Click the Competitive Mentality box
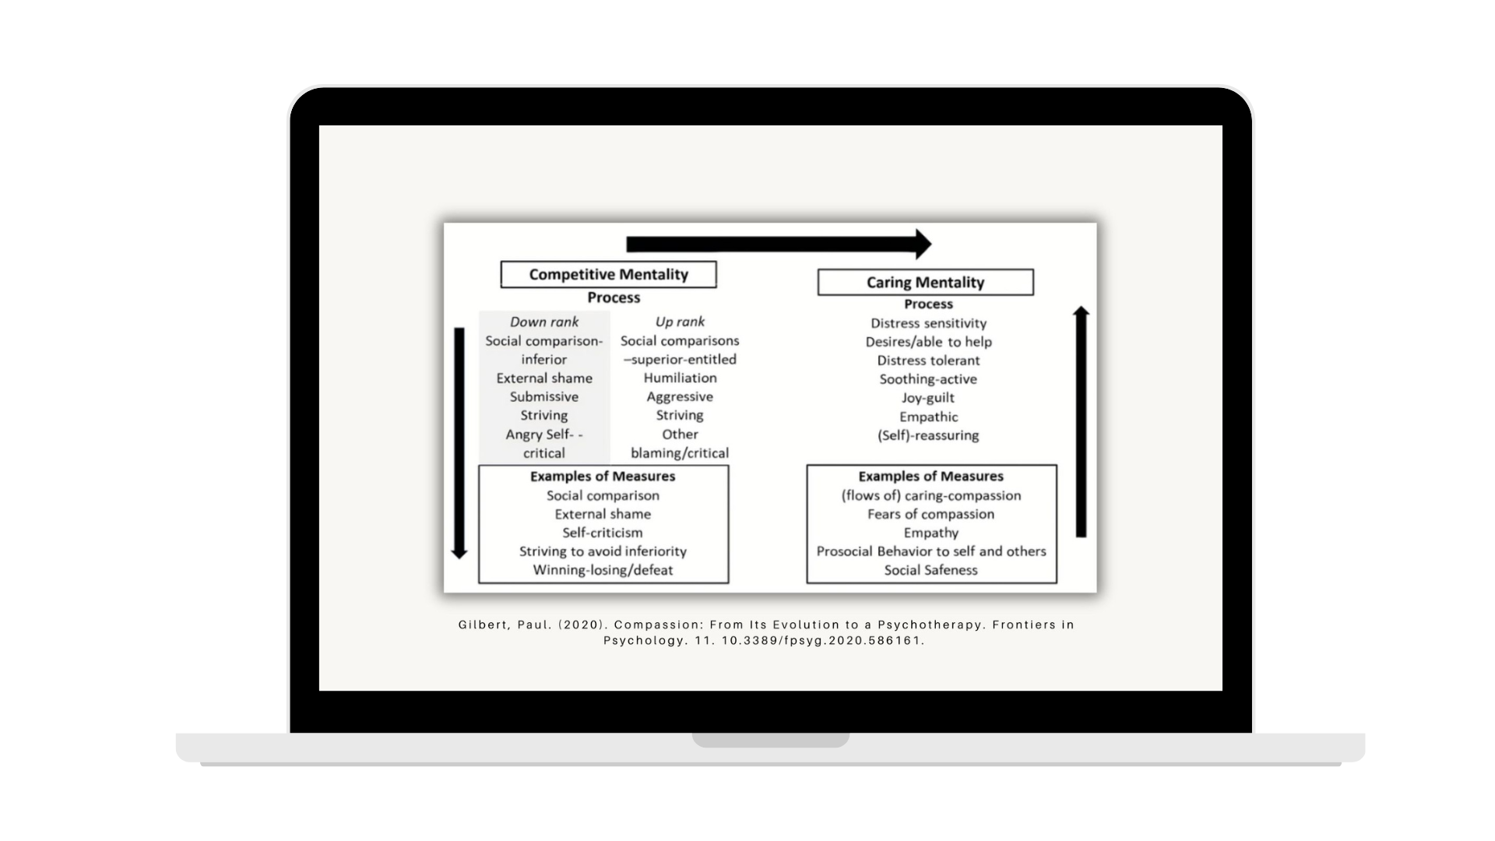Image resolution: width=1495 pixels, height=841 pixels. tap(608, 275)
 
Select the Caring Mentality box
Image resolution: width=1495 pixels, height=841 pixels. tap(925, 283)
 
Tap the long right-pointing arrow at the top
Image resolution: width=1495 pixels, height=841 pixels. tap(778, 245)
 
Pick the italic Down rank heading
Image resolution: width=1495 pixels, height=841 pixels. tap(543, 322)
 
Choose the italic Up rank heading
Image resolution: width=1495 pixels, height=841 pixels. tap(680, 322)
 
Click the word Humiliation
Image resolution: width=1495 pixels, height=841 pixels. tap(680, 378)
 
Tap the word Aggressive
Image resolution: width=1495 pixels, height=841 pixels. tap(680, 396)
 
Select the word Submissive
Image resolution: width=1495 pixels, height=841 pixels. tap(543, 396)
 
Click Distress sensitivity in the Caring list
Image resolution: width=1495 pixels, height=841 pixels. tap(928, 323)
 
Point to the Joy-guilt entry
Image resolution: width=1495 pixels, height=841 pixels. tap(928, 398)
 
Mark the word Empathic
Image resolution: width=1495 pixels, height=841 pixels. tap(928, 417)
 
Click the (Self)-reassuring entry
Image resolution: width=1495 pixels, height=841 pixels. tap(928, 435)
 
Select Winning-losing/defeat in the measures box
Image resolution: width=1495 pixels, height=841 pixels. tap(603, 570)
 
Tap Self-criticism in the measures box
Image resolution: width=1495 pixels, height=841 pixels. tap(603, 533)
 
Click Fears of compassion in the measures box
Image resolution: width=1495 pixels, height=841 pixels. tap(930, 514)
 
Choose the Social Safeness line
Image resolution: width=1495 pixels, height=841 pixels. tap(930, 570)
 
